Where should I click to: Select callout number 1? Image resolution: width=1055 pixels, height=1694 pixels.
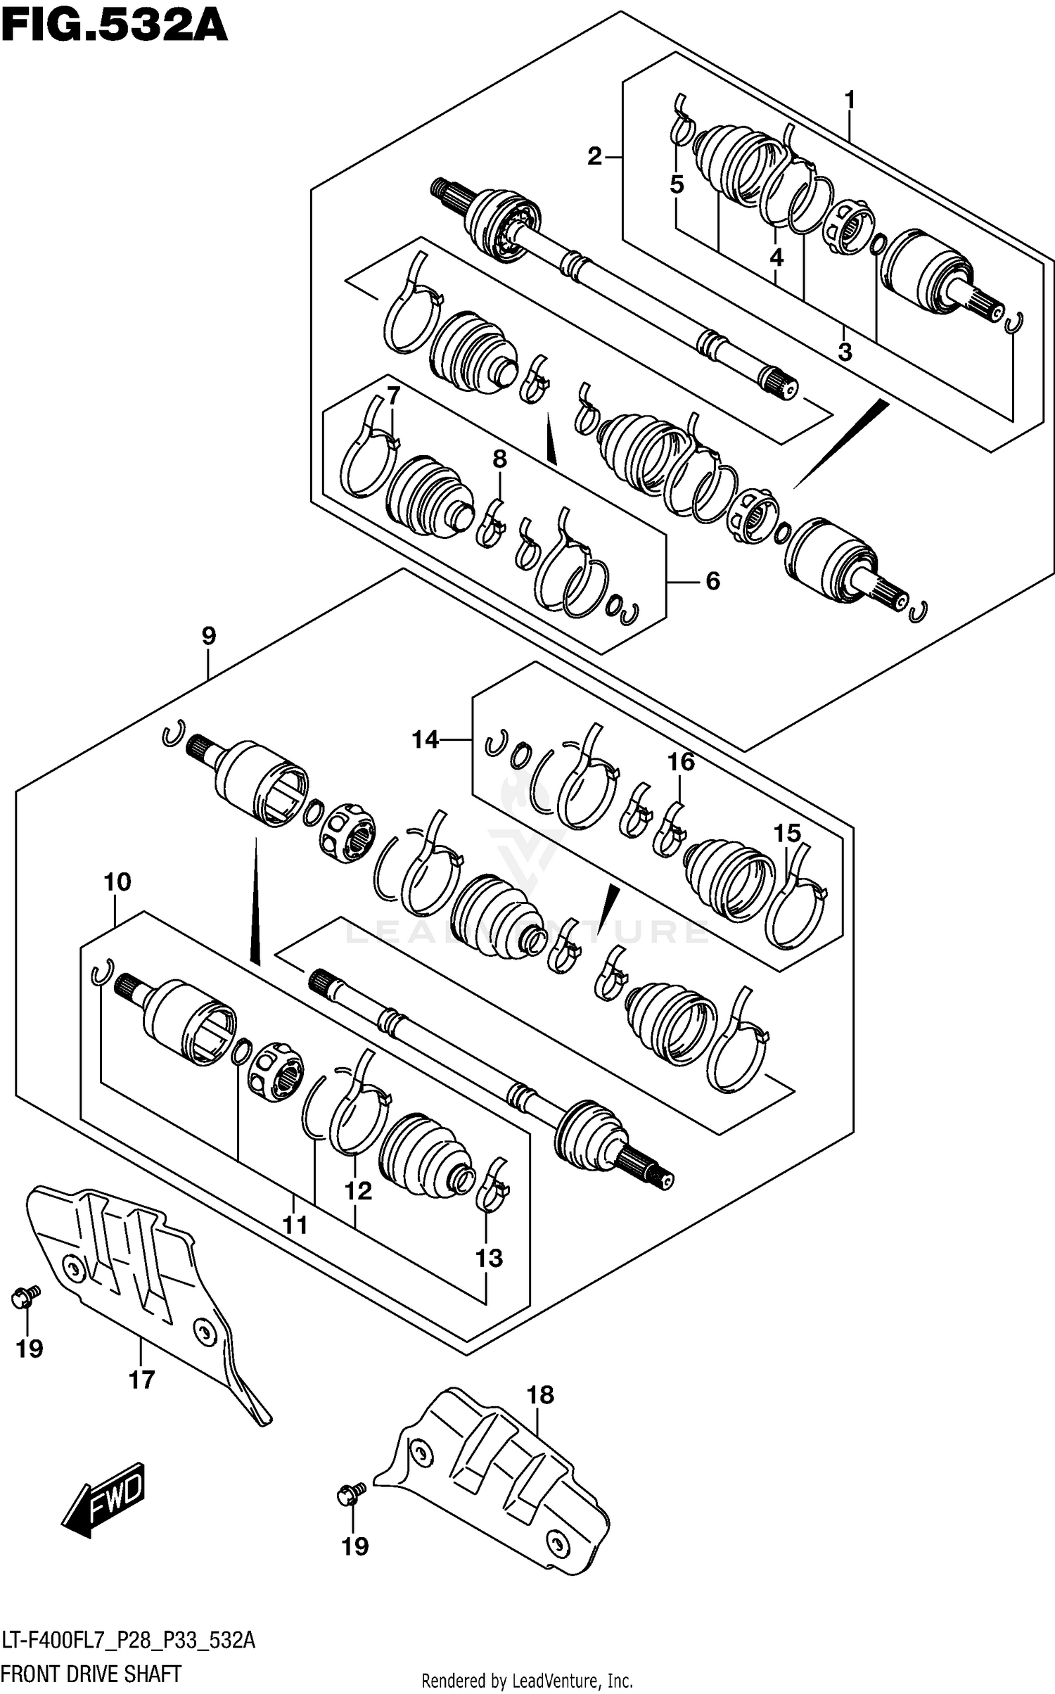coord(849,101)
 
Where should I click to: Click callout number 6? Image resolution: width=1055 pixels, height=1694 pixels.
coord(712,581)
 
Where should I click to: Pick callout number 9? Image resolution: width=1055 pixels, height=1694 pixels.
coord(209,636)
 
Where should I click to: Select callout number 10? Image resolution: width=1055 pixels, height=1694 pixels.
coord(117,881)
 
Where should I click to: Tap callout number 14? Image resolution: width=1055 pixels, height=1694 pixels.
coord(425,739)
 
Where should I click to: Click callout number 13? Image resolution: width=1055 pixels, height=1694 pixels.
coord(489,1258)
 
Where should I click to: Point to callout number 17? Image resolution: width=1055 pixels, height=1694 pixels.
coord(141,1380)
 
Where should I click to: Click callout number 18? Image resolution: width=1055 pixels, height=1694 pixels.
coord(540,1394)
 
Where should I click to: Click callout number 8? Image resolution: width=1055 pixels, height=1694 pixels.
coord(499,459)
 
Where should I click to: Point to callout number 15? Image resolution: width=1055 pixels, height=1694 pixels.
coord(787,833)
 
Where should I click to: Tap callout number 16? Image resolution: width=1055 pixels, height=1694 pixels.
coord(680,762)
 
